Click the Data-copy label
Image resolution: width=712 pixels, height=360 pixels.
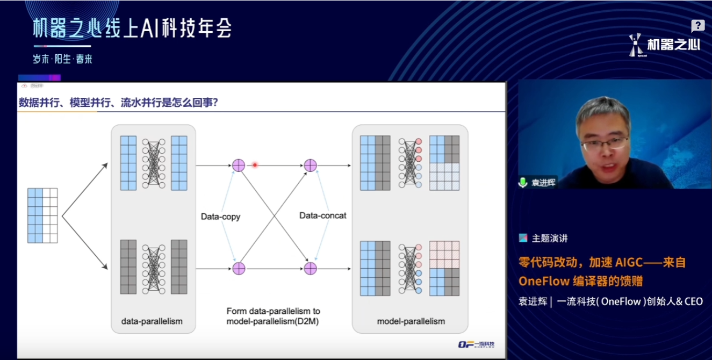[220, 217]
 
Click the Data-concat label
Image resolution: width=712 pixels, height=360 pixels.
[322, 215]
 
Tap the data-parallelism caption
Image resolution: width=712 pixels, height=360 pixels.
[152, 321]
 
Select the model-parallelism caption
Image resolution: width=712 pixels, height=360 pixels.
[411, 321]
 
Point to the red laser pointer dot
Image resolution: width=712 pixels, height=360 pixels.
[255, 165]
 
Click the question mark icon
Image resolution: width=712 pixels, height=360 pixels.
[697, 25]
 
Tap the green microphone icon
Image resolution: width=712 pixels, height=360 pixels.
[522, 182]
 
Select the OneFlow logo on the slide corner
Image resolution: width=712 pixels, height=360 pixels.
[476, 344]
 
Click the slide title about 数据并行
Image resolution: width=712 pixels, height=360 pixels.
[118, 102]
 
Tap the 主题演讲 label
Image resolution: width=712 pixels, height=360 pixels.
[550, 238]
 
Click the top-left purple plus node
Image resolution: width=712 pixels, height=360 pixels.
[239, 165]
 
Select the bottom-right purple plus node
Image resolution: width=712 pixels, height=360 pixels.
[311, 268]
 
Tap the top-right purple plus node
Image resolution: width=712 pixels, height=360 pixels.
[311, 165]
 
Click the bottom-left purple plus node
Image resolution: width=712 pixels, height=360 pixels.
[239, 268]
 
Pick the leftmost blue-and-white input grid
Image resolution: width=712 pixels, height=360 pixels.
[42, 215]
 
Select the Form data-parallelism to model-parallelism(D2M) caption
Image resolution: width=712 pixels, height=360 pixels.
[273, 316]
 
